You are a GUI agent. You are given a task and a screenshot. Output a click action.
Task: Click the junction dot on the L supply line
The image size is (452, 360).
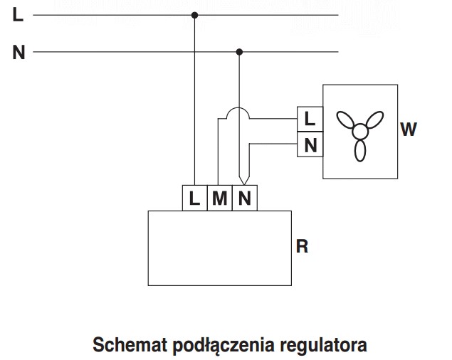click(194, 14)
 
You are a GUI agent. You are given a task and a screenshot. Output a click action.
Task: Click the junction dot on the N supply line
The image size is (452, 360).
click(239, 52)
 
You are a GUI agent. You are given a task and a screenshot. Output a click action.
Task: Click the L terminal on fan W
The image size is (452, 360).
click(310, 118)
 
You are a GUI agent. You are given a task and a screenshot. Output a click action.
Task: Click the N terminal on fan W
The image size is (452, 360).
click(310, 144)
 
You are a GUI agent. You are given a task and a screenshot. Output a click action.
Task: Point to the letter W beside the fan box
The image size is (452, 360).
click(408, 129)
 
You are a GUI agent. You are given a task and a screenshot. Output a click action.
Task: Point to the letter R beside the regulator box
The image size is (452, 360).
click(302, 248)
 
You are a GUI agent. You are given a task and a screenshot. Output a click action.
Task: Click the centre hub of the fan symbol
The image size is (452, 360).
click(360, 130)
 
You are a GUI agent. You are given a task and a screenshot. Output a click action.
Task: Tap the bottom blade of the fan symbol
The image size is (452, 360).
click(360, 150)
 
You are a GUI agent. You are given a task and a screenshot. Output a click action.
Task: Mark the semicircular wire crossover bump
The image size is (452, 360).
click(238, 113)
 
